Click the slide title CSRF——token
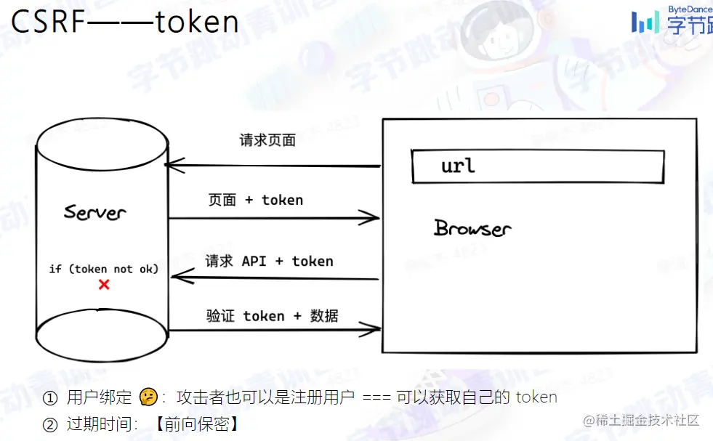pyautogui.click(x=125, y=23)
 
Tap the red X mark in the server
pyautogui.click(x=104, y=285)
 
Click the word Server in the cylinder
pyautogui.click(x=94, y=212)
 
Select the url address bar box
pyautogui.click(x=537, y=166)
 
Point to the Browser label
pyautogui.click(x=472, y=228)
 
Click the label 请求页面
pyautogui.click(x=267, y=140)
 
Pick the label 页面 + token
pyautogui.click(x=255, y=200)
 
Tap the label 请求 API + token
pyautogui.click(x=269, y=261)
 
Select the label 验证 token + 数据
pyautogui.click(x=272, y=316)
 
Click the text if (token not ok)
pyautogui.click(x=103, y=269)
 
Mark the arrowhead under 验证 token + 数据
pyautogui.click(x=374, y=330)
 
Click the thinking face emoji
pyautogui.click(x=148, y=397)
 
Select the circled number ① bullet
pyautogui.click(x=49, y=397)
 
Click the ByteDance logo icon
pyautogui.click(x=645, y=22)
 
